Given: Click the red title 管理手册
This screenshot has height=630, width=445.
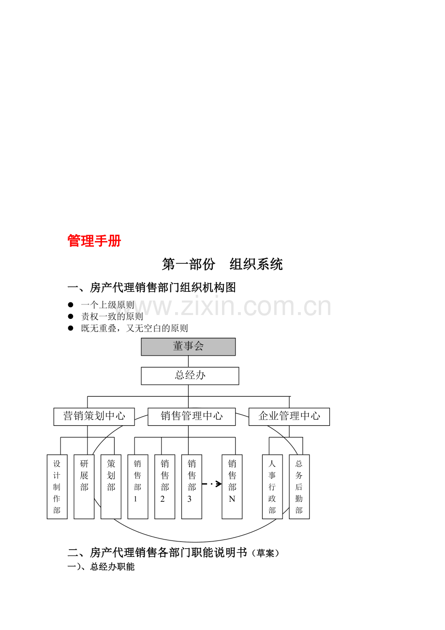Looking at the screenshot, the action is point(94,241).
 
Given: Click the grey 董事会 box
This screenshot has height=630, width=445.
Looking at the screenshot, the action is point(188,347).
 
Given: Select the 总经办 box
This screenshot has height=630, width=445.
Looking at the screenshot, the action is point(190,376).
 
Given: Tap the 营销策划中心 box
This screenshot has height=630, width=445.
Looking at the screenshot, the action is point(94,417).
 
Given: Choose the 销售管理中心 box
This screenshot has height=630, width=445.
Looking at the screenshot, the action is point(192,417).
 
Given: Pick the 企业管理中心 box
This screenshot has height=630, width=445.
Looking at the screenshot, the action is point(289,417).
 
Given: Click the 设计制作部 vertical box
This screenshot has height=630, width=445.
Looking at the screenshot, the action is point(57,487).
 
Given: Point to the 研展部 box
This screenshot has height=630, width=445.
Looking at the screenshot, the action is point(84,487).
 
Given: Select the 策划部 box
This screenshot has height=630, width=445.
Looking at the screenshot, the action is point(111,487).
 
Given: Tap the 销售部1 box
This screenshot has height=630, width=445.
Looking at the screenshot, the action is point(138,487).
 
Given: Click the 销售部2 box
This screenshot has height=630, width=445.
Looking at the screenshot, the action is point(165,487).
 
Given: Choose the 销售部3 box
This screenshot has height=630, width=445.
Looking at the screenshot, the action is point(192,487).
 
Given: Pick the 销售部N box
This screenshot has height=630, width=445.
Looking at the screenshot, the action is point(232,487).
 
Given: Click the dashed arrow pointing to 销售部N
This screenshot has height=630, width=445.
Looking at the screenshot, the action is point(212,484).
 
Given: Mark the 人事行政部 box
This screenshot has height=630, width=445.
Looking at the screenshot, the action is point(272,487).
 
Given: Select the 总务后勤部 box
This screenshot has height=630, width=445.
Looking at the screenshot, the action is point(299,487).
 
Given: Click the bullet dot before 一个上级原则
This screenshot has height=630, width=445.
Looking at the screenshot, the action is point(71,304).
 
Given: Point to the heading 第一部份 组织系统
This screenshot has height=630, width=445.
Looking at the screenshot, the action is point(222,264).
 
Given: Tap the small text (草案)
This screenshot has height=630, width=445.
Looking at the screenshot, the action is point(266,553).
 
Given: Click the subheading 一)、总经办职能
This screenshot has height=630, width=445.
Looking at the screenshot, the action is point(101,567).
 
